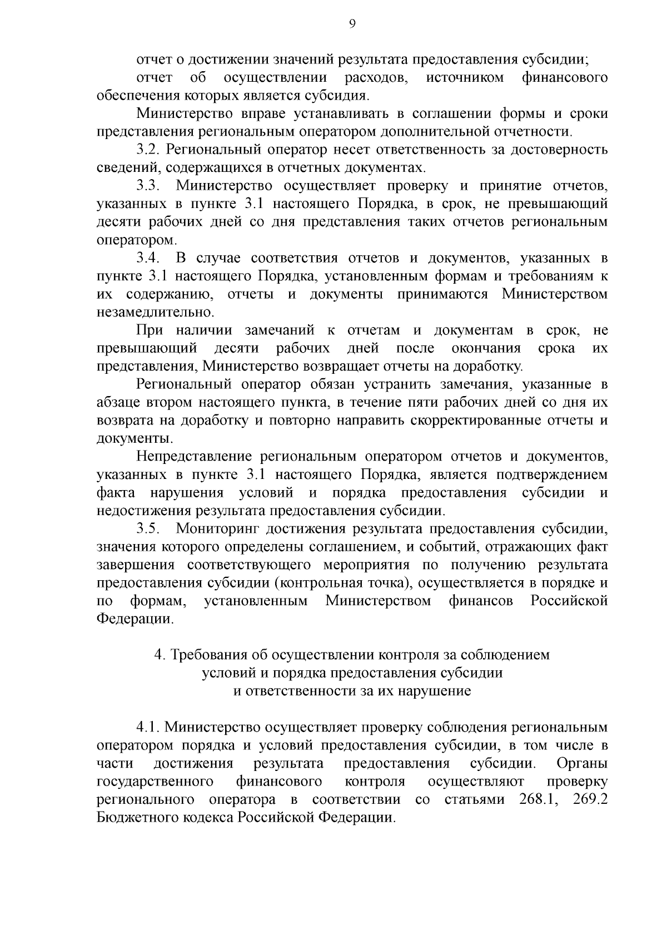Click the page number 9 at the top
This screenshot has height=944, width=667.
(x=351, y=23)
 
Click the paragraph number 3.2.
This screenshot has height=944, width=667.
(x=148, y=150)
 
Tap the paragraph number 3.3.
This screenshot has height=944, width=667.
(x=148, y=186)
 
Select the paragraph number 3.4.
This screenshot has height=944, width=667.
(x=148, y=258)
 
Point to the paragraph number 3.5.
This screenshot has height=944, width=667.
(x=148, y=528)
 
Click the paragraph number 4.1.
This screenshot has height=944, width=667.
(x=148, y=727)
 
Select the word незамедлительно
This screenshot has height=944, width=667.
(x=155, y=312)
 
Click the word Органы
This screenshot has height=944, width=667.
(x=581, y=763)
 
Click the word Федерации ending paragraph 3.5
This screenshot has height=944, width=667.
(x=135, y=619)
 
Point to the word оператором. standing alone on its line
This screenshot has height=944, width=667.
(x=137, y=240)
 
